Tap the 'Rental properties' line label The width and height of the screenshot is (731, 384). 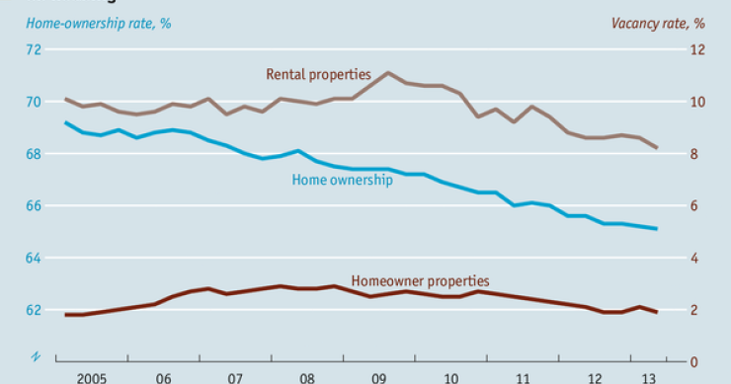click(318, 73)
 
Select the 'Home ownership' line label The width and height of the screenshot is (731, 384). click(343, 180)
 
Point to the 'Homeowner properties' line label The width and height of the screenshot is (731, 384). click(420, 281)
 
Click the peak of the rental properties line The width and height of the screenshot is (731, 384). click(388, 73)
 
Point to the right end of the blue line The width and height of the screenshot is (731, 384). click(657, 229)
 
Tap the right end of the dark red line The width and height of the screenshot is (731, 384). click(657, 312)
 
